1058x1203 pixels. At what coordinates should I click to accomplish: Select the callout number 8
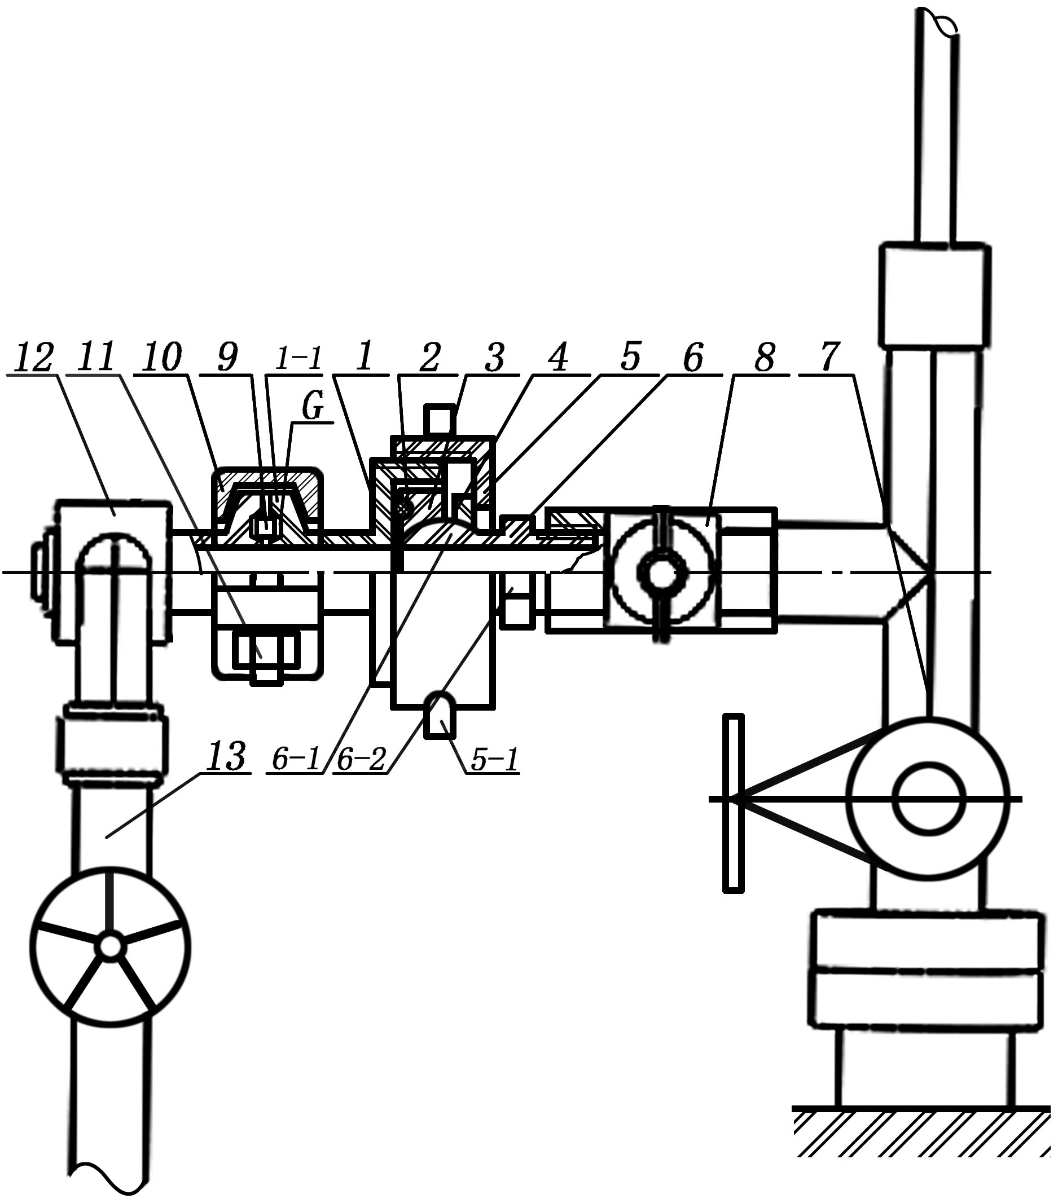click(x=763, y=356)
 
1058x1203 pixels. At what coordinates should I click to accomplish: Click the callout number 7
click(x=828, y=356)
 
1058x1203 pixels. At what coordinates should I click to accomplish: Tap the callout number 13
click(x=226, y=756)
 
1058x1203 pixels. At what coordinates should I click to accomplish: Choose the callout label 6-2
click(x=361, y=759)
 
